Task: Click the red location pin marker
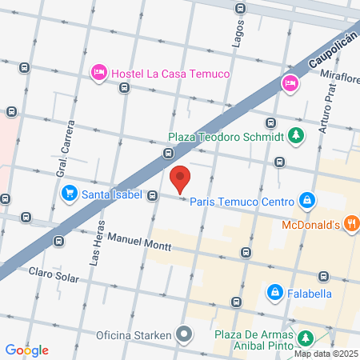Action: point(180,178)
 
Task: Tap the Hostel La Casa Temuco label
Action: point(170,74)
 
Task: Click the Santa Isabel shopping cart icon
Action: point(69,194)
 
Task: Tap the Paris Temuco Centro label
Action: point(242,201)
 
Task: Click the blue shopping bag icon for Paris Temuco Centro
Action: point(306,199)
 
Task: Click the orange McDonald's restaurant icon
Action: point(350,223)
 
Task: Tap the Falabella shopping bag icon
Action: point(274,293)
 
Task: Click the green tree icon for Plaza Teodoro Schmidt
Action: point(296,135)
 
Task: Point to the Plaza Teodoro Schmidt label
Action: point(227,136)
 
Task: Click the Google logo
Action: point(26,350)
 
